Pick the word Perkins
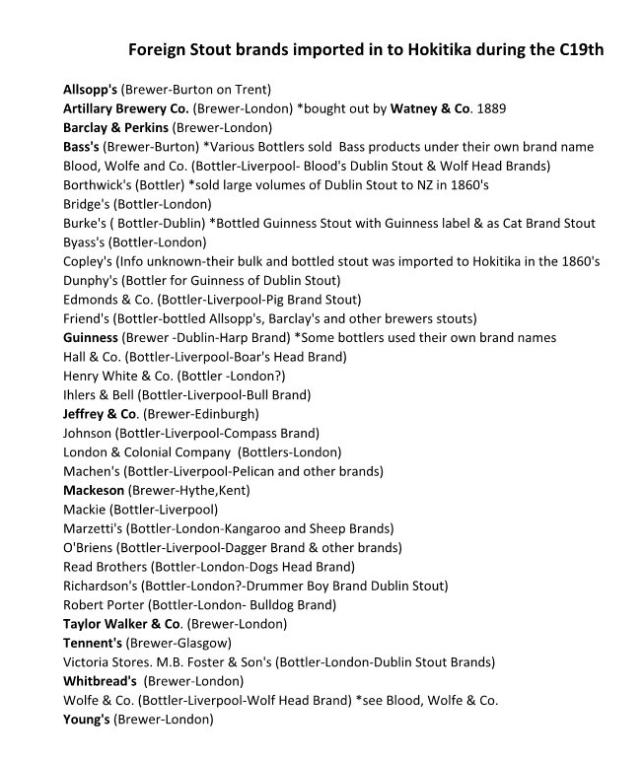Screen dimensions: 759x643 (x=142, y=127)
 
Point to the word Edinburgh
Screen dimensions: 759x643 (x=225, y=414)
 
